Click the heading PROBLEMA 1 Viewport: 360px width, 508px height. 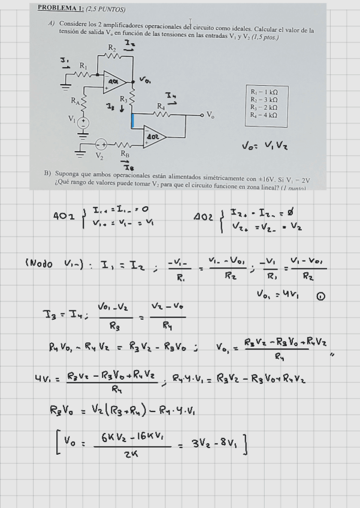pyautogui.click(x=60, y=8)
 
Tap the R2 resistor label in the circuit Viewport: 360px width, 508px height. pyautogui.click(x=112, y=47)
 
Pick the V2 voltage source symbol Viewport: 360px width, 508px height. pyautogui.click(x=102, y=144)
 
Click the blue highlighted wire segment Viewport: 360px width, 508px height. pyautogui.click(x=132, y=120)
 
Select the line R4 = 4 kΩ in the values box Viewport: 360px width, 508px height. pyautogui.click(x=264, y=114)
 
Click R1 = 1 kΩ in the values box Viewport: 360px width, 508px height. pyautogui.click(x=264, y=92)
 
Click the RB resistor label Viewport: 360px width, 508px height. pyautogui.click(x=125, y=154)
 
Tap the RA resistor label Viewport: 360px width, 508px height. pyautogui.click(x=75, y=100)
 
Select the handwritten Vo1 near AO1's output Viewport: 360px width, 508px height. pyautogui.click(x=146, y=79)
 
